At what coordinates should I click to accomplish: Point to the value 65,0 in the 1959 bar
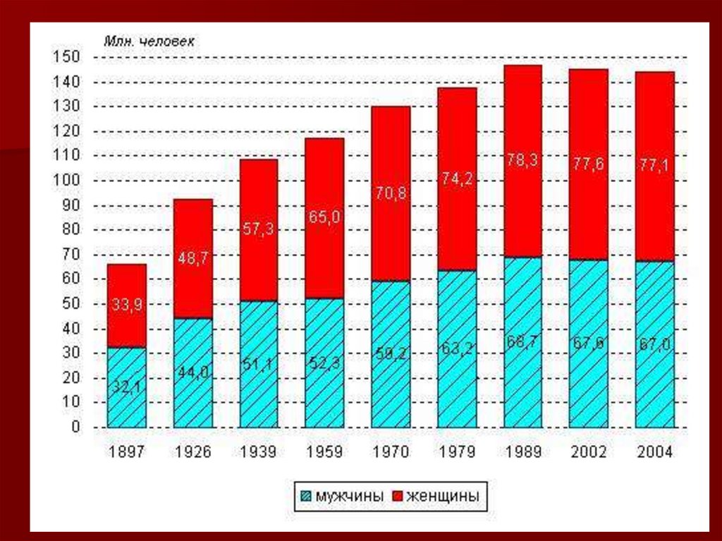pos(325,217)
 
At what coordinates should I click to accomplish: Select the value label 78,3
pos(522,160)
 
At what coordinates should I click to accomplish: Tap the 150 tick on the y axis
pos(68,57)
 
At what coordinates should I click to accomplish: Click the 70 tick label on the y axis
pos(71,255)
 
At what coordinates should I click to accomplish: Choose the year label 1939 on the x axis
pos(259,452)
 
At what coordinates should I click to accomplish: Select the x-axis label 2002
pos(589,452)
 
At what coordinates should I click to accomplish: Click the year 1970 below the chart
pos(391,452)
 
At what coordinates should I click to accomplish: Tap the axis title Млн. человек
pos(150,41)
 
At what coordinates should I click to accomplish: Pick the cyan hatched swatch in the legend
pos(305,497)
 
